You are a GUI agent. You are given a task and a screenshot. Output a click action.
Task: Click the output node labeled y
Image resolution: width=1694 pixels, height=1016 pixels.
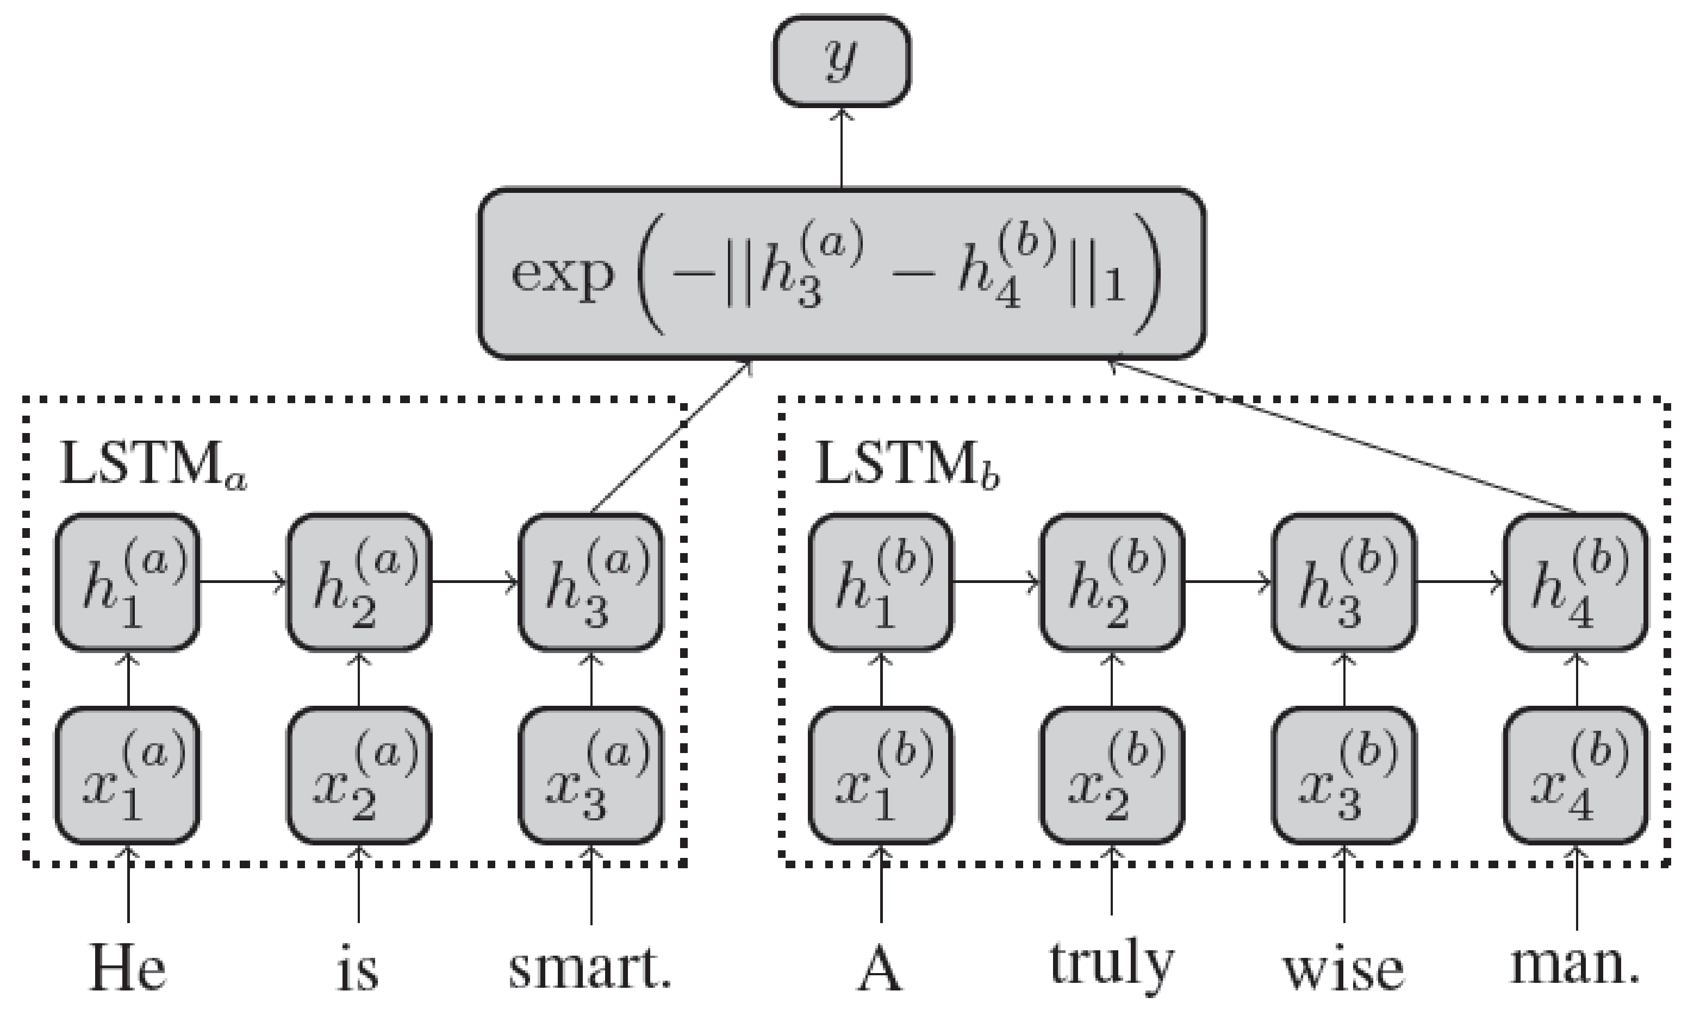[x=842, y=61]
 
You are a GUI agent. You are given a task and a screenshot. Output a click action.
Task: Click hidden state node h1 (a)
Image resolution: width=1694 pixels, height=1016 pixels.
[x=127, y=581]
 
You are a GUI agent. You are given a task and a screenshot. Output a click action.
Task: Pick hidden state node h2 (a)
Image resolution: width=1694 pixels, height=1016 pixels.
[x=359, y=581]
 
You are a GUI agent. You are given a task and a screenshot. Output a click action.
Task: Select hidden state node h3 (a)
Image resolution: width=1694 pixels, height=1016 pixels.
[x=591, y=581]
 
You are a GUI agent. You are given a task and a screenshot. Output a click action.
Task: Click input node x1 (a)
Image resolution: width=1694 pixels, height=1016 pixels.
[x=127, y=776]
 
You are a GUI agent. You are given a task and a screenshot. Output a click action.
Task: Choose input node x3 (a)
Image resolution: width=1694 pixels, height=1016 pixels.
[x=591, y=776]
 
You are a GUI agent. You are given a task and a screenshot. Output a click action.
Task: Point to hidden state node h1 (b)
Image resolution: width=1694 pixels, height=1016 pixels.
[x=881, y=581]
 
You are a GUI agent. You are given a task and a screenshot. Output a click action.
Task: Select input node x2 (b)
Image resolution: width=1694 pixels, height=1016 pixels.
[x=1112, y=776]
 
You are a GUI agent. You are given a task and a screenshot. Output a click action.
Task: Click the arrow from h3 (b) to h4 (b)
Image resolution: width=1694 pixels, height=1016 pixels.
[x=1459, y=582]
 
